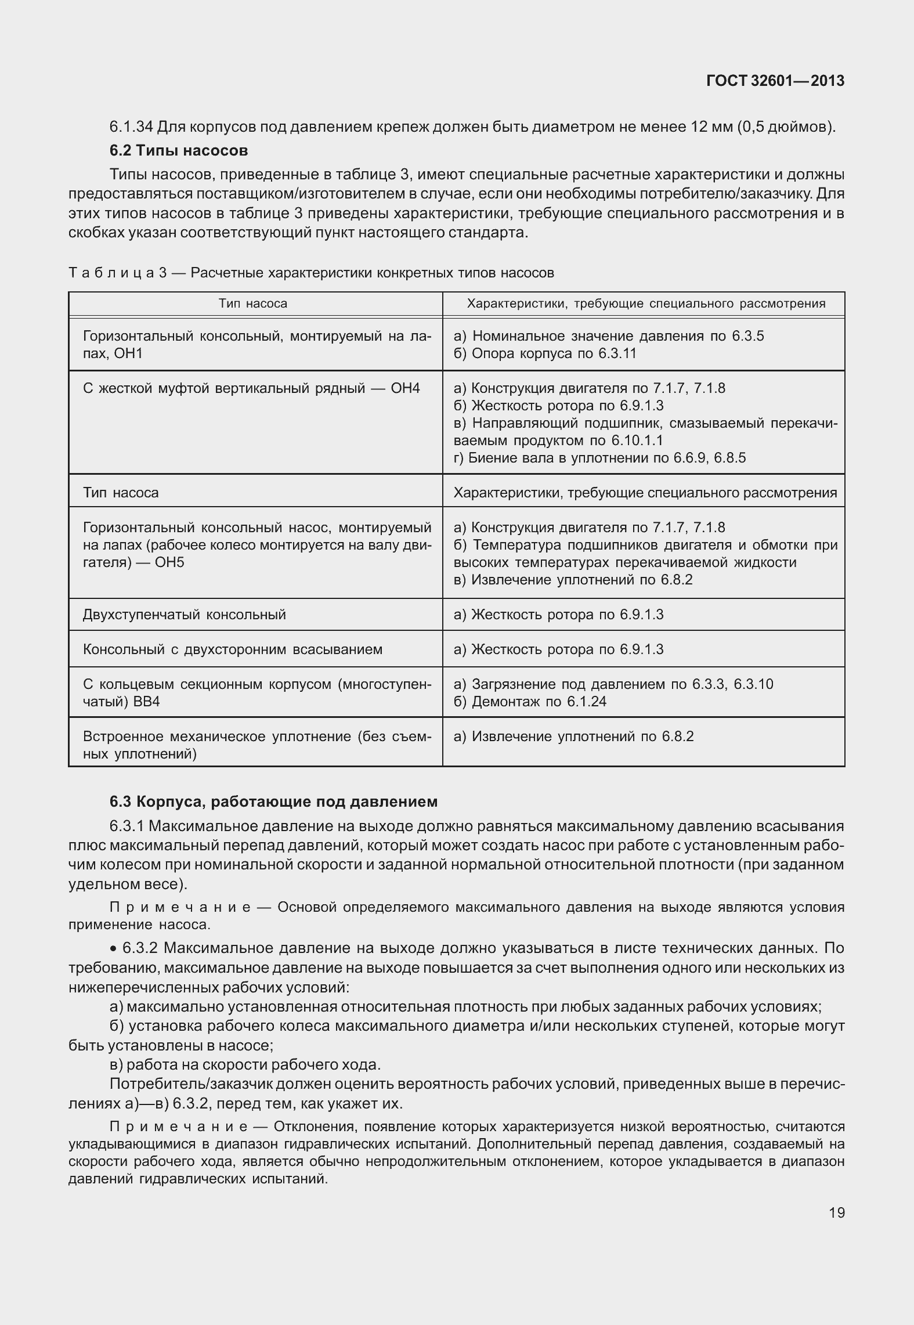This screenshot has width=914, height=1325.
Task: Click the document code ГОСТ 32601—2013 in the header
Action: [x=775, y=81]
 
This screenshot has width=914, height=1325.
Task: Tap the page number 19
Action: [x=836, y=1212]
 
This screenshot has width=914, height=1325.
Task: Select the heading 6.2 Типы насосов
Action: [x=179, y=150]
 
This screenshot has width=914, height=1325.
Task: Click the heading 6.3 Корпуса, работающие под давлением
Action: [x=273, y=802]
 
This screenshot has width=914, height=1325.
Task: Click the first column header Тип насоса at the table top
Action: [x=253, y=304]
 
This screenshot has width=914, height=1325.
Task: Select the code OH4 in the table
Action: [x=405, y=388]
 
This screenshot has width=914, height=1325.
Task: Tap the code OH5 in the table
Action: [x=169, y=562]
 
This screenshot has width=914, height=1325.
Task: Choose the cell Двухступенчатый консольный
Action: [x=185, y=615]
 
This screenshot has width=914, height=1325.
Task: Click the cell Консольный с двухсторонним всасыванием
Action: [x=233, y=649]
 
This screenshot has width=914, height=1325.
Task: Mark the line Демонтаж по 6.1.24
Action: [x=530, y=702]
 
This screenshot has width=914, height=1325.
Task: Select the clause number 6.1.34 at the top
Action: [x=131, y=126]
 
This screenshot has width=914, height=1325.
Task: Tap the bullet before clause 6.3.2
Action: [x=113, y=949]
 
